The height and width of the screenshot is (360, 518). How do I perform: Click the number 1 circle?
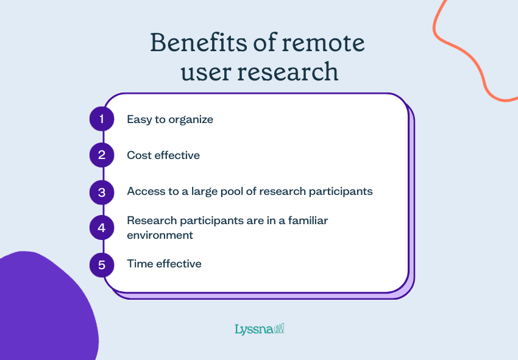102,119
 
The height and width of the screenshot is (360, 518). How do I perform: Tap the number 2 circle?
102,155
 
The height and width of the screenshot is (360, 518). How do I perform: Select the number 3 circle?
102,192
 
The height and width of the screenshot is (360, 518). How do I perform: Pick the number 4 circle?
102,228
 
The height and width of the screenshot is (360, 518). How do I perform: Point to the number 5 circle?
102,264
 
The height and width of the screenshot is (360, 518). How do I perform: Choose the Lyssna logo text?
253,330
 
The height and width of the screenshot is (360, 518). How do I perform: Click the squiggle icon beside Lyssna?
279,329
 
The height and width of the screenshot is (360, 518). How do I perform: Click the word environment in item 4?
160,235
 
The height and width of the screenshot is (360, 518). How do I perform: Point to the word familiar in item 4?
305,221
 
